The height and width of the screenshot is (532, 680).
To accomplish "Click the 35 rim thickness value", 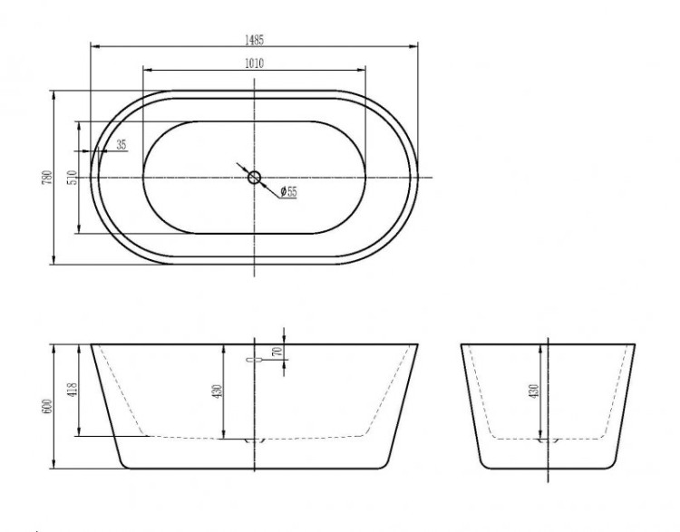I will click(121, 144).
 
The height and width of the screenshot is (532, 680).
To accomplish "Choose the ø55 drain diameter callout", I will click(287, 191).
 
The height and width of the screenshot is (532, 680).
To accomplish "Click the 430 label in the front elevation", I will click(218, 391).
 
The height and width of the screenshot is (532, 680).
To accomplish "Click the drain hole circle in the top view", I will click(254, 177).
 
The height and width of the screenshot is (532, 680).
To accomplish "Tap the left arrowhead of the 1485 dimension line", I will click(92, 46).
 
